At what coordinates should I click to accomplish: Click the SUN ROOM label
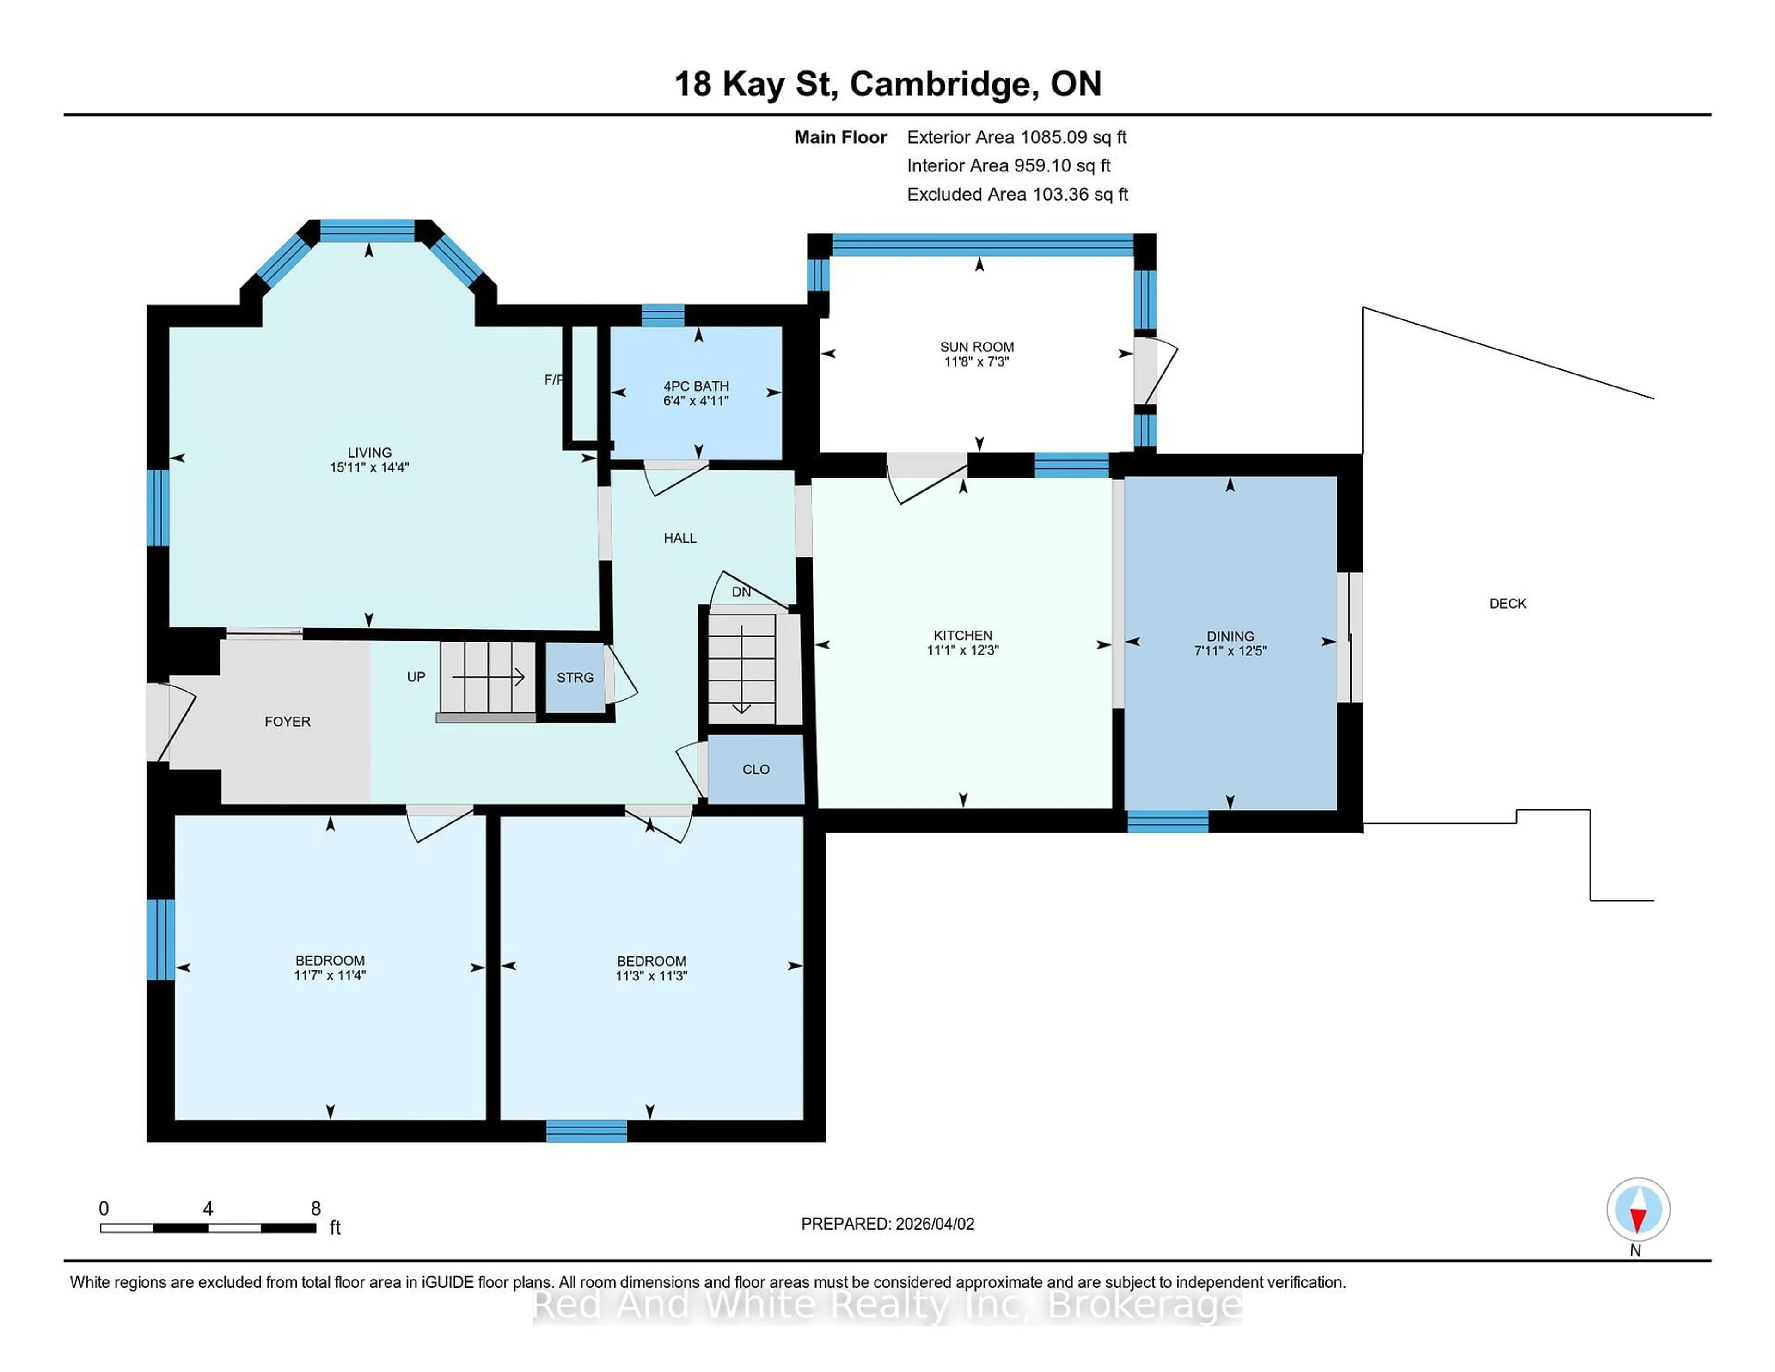tap(976, 347)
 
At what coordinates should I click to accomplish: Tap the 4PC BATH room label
tap(696, 386)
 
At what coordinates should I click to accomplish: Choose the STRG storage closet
tap(575, 678)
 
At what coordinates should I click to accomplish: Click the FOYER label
tap(287, 722)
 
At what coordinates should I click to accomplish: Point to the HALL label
tap(679, 538)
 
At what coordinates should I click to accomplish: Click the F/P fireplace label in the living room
tap(553, 380)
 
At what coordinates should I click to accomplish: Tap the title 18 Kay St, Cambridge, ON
tap(887, 84)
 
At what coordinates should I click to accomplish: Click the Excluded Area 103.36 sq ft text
tap(1017, 194)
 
